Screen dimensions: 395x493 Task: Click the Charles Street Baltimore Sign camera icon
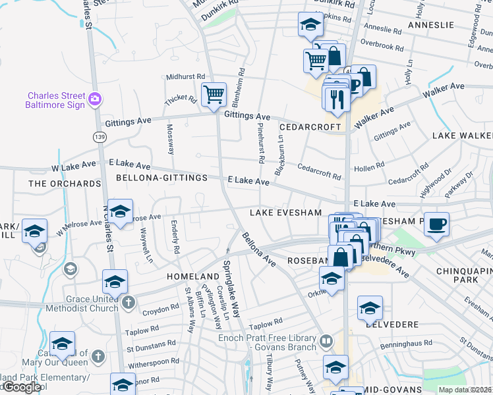tap(96, 99)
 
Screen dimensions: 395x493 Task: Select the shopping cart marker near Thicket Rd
tap(214, 95)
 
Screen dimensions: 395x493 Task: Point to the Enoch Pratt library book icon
tap(326, 342)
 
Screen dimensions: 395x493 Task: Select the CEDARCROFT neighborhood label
tap(308, 127)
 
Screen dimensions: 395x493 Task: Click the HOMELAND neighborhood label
tap(192, 276)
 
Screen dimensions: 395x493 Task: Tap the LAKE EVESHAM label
tap(285, 213)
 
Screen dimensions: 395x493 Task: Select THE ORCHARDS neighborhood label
tap(65, 183)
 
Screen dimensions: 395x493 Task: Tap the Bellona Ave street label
tap(258, 249)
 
